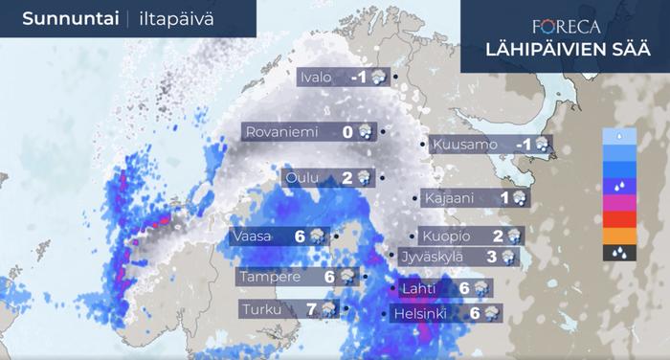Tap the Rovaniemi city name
coord(281,132)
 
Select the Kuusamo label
coord(465,145)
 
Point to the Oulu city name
coord(302,177)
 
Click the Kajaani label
coord(447,198)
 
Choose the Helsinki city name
coord(422,313)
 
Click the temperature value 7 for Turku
coord(311,309)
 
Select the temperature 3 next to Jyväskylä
coord(491,257)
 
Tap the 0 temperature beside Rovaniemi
coord(347,132)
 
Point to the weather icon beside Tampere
coord(346,277)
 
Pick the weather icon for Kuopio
coord(513,236)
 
